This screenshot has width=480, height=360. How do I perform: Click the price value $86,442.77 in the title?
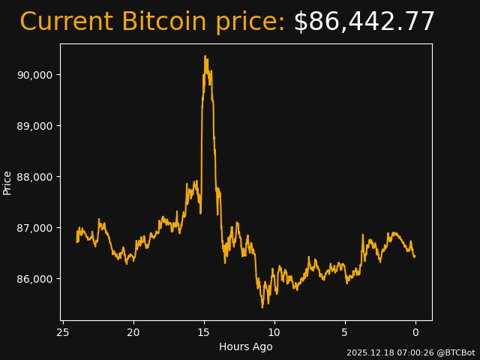364,22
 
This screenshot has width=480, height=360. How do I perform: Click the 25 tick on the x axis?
63,332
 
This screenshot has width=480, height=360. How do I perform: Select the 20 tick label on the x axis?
133,332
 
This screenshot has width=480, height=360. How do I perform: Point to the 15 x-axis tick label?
203,332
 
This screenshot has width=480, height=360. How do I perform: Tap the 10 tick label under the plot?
274,332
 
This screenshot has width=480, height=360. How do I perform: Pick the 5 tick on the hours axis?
345,332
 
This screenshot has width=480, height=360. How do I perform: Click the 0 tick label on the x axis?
415,332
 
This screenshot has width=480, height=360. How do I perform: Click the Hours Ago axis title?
245,346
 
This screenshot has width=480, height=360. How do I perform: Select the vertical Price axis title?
7,182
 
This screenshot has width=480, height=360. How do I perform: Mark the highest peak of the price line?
205,56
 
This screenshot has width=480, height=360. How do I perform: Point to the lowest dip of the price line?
262,307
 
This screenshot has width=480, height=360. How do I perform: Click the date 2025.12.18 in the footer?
367,352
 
